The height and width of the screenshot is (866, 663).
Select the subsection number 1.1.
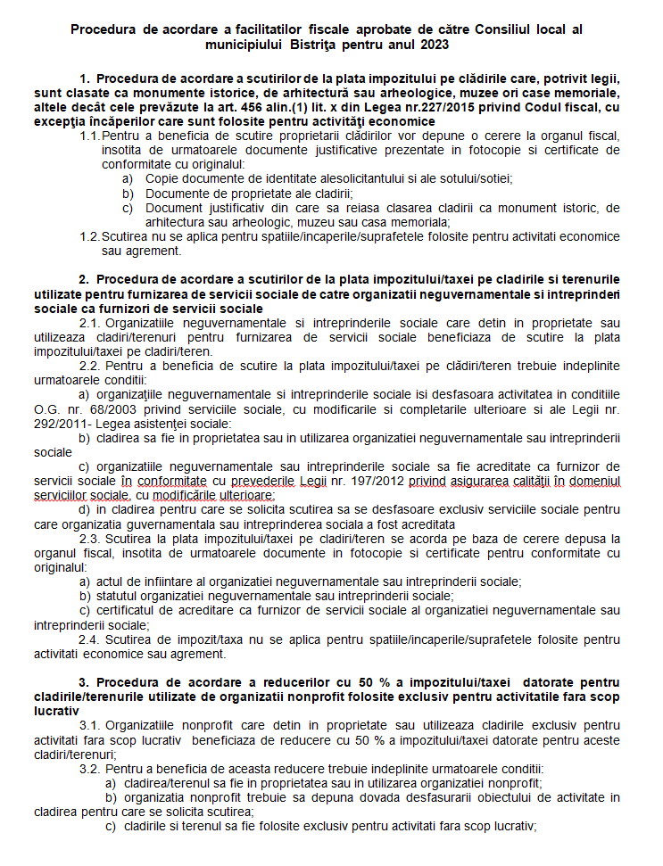(x=89, y=135)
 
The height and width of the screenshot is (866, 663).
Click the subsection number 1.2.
(x=89, y=236)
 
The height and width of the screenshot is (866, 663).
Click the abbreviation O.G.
(x=47, y=408)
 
